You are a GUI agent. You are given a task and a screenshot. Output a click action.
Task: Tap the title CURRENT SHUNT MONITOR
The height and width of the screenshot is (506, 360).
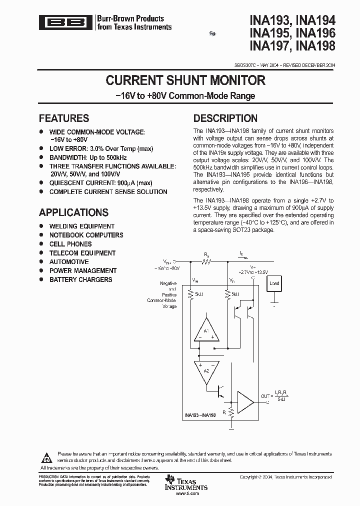coord(185,80)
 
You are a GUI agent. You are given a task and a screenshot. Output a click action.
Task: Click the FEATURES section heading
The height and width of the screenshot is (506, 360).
coord(64,118)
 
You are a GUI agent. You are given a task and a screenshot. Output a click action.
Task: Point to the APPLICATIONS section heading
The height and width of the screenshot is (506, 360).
coord(73,212)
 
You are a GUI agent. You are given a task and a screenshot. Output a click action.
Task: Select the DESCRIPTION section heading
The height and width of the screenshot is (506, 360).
coord(225,118)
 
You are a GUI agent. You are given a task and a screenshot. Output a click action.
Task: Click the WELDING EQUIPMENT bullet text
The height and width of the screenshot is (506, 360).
coord(82,226)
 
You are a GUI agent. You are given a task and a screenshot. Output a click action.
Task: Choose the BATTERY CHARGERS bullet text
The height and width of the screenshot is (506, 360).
coord(80,279)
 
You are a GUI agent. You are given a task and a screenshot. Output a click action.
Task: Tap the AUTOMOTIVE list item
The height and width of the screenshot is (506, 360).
coord(69,262)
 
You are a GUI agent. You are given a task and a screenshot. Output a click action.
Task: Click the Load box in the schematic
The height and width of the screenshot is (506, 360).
coord(274,283)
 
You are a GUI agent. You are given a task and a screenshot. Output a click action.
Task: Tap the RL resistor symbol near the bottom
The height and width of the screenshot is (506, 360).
coord(231,413)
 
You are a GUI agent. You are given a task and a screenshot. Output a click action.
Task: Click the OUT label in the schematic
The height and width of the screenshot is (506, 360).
coord(265,396)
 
